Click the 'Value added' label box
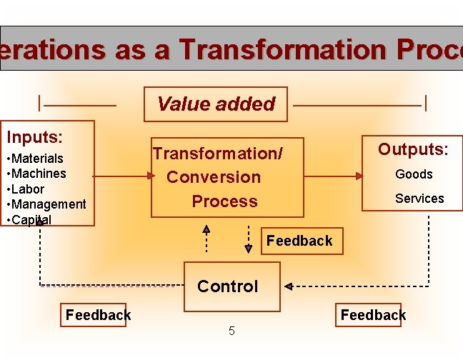215,104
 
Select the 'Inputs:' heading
34,136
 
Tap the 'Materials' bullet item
37,158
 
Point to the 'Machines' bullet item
39,174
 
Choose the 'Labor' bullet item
28,189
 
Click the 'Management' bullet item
49,204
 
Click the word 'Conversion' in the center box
214,177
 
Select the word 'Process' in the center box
224,201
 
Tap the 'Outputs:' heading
413,149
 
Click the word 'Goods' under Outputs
414,174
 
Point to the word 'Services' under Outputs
419,199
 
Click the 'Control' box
227,286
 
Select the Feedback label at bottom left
98,314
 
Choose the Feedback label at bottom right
373,314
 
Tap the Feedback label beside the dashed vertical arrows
299,241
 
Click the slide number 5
231,331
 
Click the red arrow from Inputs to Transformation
122,176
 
